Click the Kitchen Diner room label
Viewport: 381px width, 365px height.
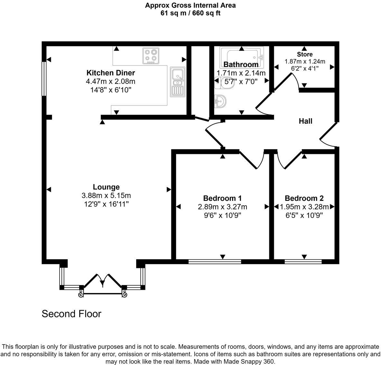coord(111,73)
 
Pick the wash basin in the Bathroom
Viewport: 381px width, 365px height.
coord(220,101)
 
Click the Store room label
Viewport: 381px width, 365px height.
coord(304,54)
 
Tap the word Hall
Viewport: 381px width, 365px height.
coord(305,121)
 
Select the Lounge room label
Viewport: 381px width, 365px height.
coord(106,187)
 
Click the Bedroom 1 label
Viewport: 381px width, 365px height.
coord(222,198)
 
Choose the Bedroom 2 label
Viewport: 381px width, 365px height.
coord(304,198)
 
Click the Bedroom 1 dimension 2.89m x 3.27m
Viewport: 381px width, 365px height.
coord(222,207)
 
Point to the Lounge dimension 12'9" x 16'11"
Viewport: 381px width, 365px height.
coord(106,204)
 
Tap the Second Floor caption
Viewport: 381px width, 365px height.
coord(71,314)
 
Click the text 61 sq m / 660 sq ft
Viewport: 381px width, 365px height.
coord(190,13)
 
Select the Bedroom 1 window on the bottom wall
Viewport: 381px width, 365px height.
coord(215,262)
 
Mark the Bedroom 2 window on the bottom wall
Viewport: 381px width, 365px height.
coord(303,262)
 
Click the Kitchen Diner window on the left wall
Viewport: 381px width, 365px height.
coord(44,78)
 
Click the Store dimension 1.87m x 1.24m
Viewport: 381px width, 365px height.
coord(304,61)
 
